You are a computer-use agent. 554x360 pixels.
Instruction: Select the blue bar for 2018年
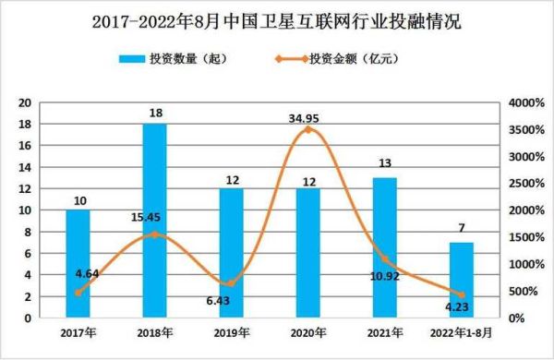(155, 222)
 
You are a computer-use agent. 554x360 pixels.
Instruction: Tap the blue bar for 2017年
(78, 264)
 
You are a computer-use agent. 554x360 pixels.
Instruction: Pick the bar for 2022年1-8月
(461, 281)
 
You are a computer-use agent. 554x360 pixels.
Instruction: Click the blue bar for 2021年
(385, 247)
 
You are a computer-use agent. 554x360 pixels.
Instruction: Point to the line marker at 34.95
(308, 130)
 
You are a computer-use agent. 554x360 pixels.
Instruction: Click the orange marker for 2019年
(232, 283)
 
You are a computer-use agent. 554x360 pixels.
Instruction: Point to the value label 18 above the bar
(155, 114)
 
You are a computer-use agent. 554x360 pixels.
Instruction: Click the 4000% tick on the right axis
(523, 102)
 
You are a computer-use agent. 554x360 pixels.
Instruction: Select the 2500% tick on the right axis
(523, 184)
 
